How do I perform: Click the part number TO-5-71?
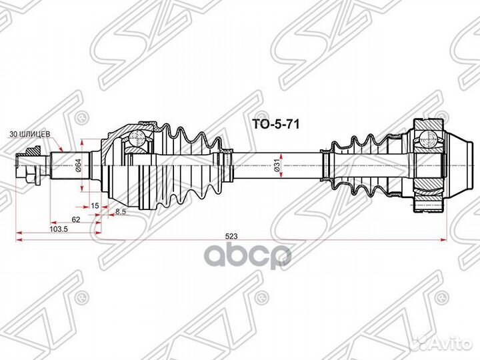[275, 124]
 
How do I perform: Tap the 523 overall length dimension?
[231, 236]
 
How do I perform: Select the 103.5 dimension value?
[60, 229]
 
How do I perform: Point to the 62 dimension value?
[75, 219]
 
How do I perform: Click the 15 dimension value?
[95, 206]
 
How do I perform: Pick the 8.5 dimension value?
[121, 211]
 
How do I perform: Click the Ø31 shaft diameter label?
[277, 165]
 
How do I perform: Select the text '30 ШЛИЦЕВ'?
[29, 134]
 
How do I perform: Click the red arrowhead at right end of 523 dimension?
[444, 241]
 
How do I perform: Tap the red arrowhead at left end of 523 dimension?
[19, 241]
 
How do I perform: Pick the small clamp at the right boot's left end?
[325, 165]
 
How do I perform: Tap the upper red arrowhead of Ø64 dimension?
[82, 143]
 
